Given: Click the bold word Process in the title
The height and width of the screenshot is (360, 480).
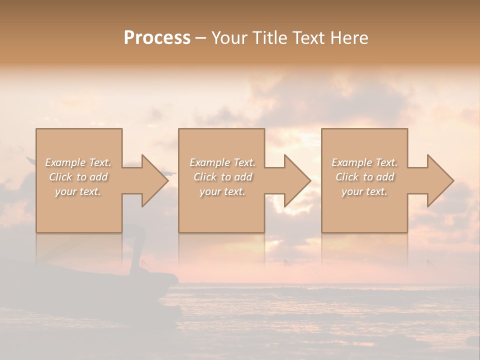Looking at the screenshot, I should pyautogui.click(x=157, y=38).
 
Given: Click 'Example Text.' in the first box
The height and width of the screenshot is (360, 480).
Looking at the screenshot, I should pyautogui.click(x=78, y=162).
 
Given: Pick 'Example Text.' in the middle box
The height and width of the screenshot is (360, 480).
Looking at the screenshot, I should pyautogui.click(x=222, y=162).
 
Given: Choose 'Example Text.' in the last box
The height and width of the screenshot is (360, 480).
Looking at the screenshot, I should pyautogui.click(x=364, y=162).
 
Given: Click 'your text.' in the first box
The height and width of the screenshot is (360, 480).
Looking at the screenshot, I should pyautogui.click(x=78, y=191).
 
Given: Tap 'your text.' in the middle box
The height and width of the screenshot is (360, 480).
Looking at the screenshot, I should pyautogui.click(x=222, y=191).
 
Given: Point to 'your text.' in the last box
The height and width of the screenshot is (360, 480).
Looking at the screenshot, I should pyautogui.click(x=364, y=191).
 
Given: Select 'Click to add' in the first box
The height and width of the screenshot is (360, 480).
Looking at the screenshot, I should pyautogui.click(x=78, y=177).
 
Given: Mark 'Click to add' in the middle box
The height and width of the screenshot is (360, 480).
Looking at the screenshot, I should pyautogui.click(x=222, y=177).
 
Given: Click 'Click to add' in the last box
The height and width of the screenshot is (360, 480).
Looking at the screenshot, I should pyautogui.click(x=364, y=177).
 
